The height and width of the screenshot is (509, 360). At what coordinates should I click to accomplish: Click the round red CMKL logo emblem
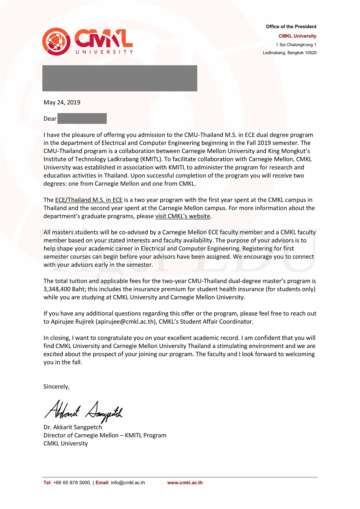click(x=56, y=42)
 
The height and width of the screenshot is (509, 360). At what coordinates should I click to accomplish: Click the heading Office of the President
click(x=291, y=27)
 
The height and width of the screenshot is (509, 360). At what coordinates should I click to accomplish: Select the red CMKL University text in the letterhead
click(x=297, y=36)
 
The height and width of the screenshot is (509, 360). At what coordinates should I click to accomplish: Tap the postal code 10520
click(x=311, y=53)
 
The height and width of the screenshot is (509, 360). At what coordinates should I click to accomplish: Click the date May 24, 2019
click(x=62, y=102)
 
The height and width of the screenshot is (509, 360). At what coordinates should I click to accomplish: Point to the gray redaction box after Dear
click(x=82, y=119)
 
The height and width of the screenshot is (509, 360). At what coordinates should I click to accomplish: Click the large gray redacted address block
click(x=120, y=78)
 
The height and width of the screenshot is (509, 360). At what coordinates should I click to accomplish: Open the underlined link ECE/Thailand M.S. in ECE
click(x=88, y=200)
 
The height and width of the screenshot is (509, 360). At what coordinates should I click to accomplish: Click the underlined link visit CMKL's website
click(x=182, y=216)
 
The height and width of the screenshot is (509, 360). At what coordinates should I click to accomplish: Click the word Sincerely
click(x=56, y=387)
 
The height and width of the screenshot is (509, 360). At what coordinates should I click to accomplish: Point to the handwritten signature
click(x=84, y=411)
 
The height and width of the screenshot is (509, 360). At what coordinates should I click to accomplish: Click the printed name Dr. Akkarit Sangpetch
click(x=73, y=427)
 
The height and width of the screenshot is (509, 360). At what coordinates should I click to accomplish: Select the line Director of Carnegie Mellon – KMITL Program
click(x=105, y=435)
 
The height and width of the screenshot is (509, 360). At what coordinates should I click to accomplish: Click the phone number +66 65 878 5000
click(x=72, y=483)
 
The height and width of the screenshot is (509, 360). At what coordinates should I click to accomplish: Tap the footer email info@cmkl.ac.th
click(x=128, y=483)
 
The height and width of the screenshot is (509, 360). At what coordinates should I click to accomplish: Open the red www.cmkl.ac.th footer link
click(x=185, y=483)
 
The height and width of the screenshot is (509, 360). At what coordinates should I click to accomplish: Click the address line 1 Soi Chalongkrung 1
click(x=296, y=45)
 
